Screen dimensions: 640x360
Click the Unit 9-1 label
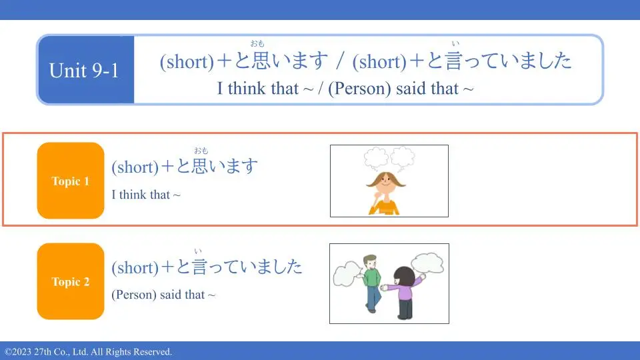point(84,70)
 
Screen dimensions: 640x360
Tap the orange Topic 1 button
point(71,181)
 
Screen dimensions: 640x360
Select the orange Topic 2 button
point(71,281)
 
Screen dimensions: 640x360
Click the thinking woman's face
point(386,185)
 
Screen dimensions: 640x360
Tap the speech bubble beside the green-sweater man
point(347,273)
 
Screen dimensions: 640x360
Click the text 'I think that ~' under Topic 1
point(146,195)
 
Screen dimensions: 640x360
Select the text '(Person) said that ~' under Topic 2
point(163,295)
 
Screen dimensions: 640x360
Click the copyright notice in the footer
point(88,352)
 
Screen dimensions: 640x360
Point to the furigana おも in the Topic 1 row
point(201,151)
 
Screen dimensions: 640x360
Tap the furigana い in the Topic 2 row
point(198,251)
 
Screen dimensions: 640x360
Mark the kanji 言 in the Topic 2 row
point(199,267)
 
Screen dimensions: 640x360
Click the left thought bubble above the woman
point(376,158)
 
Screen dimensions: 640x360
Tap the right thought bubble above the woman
point(403,157)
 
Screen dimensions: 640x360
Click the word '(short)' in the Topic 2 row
point(135,268)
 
